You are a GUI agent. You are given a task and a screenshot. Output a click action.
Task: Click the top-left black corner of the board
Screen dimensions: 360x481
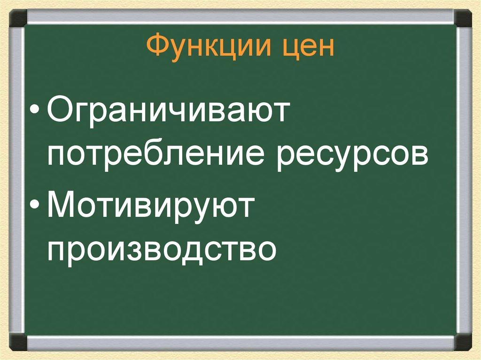tap(18, 19)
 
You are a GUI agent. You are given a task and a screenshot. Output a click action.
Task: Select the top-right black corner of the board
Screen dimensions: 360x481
tap(463, 19)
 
